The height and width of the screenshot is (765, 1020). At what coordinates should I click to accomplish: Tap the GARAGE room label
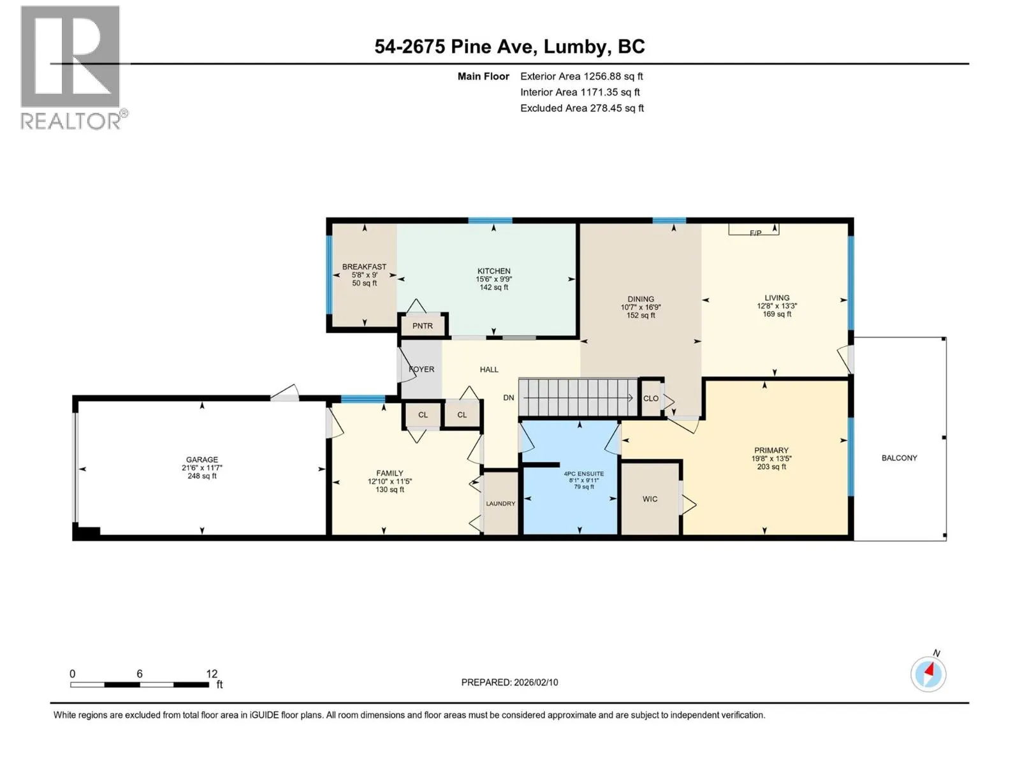coord(201,460)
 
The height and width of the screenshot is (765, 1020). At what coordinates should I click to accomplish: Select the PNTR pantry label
coord(422,326)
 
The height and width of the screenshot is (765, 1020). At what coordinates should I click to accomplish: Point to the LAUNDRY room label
coord(500,504)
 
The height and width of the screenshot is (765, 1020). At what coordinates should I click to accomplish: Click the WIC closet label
coord(650,499)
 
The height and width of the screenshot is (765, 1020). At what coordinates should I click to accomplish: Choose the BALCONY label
coord(899,458)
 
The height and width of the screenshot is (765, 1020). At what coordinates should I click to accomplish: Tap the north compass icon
coord(928,673)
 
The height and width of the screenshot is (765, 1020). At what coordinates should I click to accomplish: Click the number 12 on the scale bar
coord(212,673)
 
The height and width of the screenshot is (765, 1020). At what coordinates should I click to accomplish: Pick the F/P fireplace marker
coord(755,233)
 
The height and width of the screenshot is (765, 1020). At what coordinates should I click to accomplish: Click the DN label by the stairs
coord(508,398)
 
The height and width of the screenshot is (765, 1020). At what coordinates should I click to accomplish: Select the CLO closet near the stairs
coord(651,398)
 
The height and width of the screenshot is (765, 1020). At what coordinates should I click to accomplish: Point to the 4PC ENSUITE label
coord(584,474)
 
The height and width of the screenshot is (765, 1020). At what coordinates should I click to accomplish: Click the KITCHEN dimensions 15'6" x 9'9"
coord(493,279)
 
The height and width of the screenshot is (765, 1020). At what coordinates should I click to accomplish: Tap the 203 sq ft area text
coord(771,467)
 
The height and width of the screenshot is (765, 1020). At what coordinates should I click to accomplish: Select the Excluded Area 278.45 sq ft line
coord(582,108)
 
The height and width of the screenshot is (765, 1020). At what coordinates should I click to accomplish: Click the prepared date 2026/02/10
coord(535,682)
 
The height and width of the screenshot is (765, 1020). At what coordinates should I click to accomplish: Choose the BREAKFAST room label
coord(364,266)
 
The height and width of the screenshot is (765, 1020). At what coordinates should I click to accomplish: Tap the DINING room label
coord(640,299)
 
